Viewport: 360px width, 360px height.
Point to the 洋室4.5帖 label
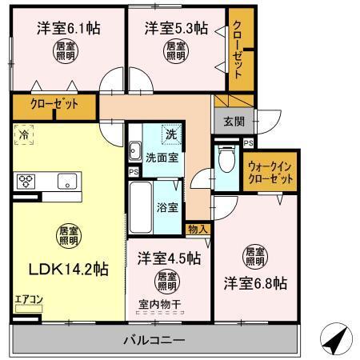(167, 258)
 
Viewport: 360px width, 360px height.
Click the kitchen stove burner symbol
(26, 179)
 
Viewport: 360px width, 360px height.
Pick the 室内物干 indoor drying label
(166, 302)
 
